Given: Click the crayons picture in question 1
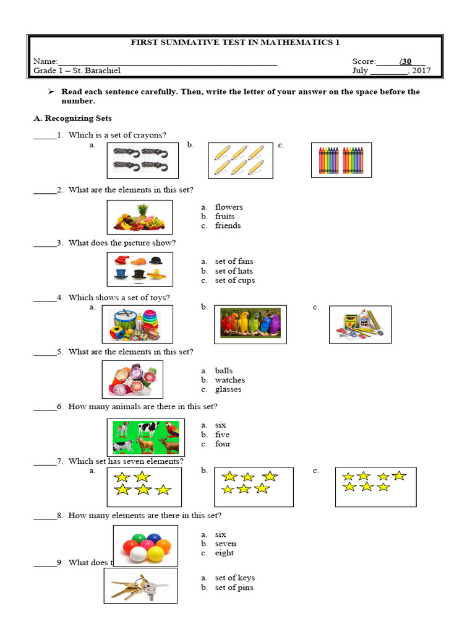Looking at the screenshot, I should point(341,160).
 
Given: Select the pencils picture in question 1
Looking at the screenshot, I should point(239,160).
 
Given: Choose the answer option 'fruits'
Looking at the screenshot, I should point(225,217).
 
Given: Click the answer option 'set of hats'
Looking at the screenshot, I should point(234,271).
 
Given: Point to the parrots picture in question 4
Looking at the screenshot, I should point(250,324).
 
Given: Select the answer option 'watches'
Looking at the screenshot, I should point(229,380).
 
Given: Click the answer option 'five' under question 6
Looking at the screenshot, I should point(222,435).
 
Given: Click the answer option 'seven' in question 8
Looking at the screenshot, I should point(225,544).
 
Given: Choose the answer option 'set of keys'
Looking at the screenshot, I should point(234,578).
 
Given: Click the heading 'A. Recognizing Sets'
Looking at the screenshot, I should point(72,118).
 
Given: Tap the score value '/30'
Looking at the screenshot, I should point(406,61).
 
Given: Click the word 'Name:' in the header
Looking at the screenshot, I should point(45,61).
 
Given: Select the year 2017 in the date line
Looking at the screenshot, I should point(421,71).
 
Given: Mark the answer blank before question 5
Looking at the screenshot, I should point(45,352).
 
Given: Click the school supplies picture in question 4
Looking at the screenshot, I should point(360,324).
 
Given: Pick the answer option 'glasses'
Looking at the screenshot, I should point(228,389).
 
